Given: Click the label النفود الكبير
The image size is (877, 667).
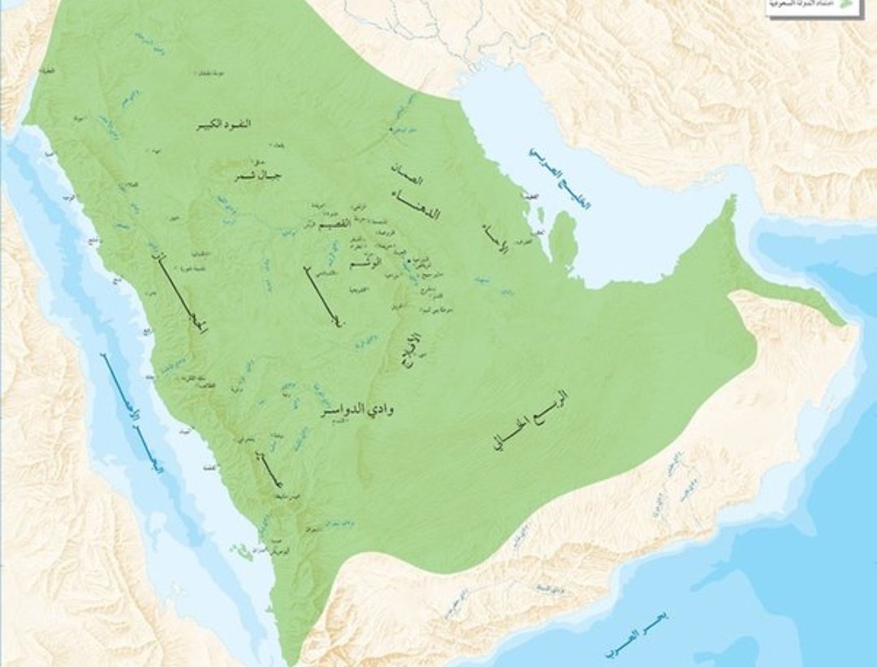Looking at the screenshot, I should (223, 124).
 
